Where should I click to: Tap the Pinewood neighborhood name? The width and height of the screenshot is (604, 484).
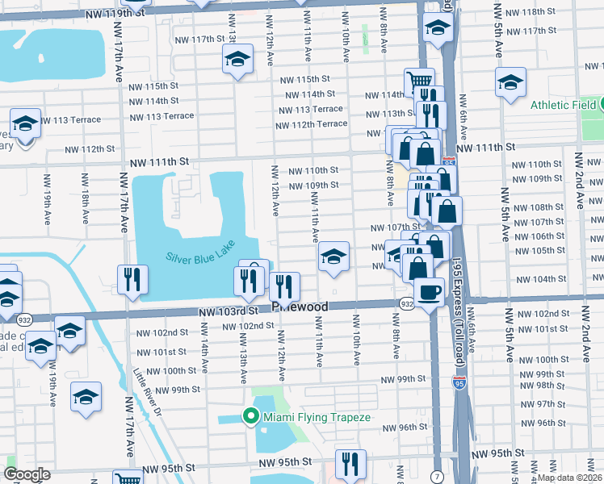tap(300, 307)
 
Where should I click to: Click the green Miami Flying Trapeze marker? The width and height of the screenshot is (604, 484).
tap(251, 417)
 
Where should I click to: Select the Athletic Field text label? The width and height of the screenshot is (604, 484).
tap(563, 105)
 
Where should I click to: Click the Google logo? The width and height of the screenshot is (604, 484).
tap(27, 474)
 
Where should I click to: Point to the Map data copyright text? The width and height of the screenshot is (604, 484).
tap(570, 478)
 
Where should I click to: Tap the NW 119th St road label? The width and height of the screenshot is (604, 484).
tap(117, 14)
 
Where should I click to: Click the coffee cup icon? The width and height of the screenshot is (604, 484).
tap(430, 290)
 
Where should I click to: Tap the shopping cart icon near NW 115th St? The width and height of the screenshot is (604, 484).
tap(418, 81)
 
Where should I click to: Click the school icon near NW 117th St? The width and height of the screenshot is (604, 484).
tap(237, 59)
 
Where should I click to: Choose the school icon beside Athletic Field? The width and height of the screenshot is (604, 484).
tap(510, 82)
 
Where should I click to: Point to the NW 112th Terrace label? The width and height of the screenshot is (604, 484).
tap(311, 124)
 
